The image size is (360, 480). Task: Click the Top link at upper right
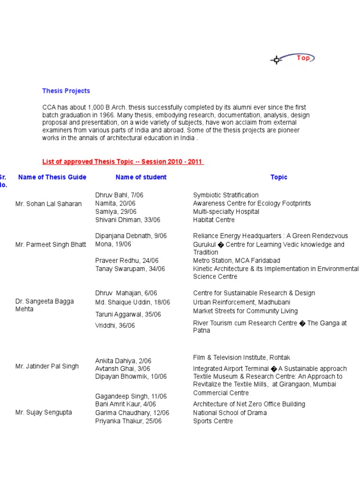click(303, 58)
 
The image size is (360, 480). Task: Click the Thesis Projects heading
click(66, 91)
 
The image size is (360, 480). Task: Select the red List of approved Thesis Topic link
click(123, 162)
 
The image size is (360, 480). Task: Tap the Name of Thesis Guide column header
click(52, 177)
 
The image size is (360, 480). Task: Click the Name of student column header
click(141, 177)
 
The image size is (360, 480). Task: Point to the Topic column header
click(278, 177)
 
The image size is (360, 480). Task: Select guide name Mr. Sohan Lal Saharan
click(48, 204)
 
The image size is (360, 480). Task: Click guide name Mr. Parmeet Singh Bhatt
click(51, 244)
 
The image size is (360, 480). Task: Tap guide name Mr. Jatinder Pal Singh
click(47, 366)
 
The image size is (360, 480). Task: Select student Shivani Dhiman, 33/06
click(127, 220)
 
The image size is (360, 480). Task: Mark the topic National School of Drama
click(230, 412)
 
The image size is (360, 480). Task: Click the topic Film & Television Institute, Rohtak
click(242, 358)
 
